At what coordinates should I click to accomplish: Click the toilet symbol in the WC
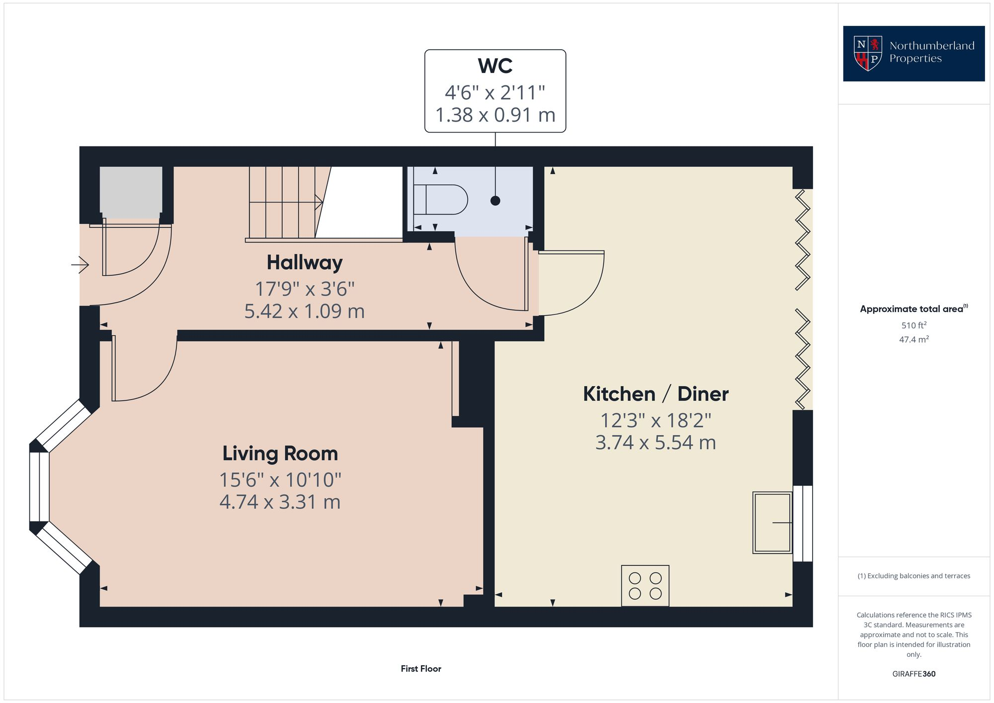(x=441, y=200)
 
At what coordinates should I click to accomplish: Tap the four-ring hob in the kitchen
(x=645, y=585)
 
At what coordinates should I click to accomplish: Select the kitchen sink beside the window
(x=772, y=522)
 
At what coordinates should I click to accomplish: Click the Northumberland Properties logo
(x=913, y=53)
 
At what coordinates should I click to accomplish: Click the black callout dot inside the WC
(x=495, y=201)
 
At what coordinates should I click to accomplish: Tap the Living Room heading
(x=280, y=453)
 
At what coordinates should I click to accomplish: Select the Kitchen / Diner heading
(x=655, y=394)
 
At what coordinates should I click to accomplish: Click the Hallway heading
(x=304, y=262)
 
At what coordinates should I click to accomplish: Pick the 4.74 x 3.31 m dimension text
(x=280, y=502)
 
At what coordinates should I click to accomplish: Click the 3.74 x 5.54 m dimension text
(x=655, y=442)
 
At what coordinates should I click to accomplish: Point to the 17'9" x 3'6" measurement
(x=304, y=289)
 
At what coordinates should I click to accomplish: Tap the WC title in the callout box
(x=495, y=66)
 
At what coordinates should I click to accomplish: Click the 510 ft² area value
(x=913, y=325)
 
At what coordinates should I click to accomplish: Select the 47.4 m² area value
(x=913, y=339)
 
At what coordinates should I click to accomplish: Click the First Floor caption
(x=420, y=669)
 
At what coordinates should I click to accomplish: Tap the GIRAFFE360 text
(x=913, y=674)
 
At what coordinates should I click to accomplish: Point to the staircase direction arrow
(x=318, y=202)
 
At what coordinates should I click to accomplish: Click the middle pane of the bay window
(x=39, y=486)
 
